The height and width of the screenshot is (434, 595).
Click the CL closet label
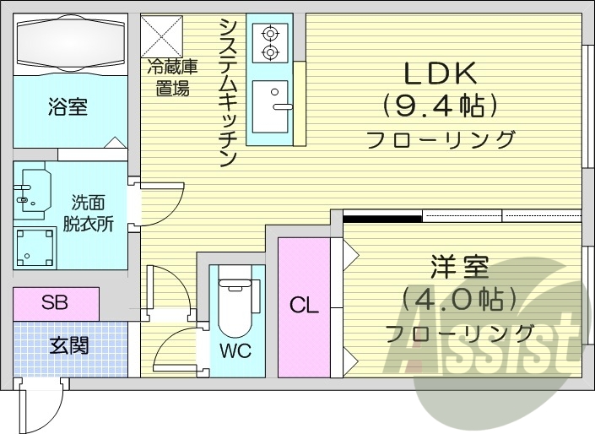(304, 306)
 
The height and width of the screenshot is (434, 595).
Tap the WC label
(237, 349)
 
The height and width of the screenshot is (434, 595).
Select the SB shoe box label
(56, 302)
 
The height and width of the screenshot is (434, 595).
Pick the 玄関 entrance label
(68, 345)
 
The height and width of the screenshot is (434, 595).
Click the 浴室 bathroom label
(68, 107)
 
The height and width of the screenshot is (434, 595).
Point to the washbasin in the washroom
(33, 195)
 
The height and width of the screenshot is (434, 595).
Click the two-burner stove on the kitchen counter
(270, 43)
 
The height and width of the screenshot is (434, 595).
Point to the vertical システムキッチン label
(227, 93)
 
